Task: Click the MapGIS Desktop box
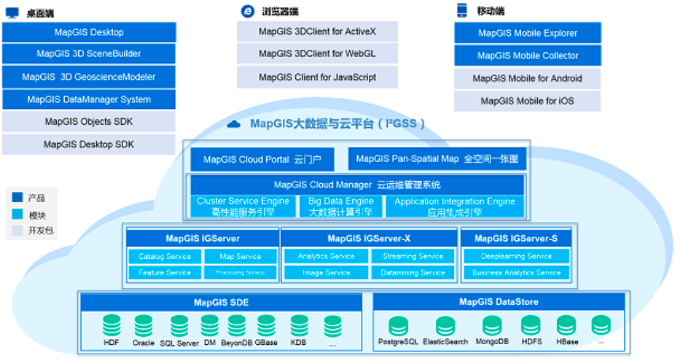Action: pyautogui.click(x=88, y=32)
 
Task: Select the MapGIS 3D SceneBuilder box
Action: pyautogui.click(x=88, y=54)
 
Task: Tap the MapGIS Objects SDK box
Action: pyautogui.click(x=88, y=122)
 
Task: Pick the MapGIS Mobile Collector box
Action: pyautogui.click(x=528, y=56)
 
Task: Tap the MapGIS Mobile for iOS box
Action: pyautogui.click(x=528, y=101)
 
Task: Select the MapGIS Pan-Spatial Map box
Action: pyautogui.click(x=438, y=159)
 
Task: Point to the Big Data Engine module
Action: pyautogui.click(x=341, y=207)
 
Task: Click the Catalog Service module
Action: pyautogui.click(x=165, y=257)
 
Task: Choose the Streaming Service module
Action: pyautogui.click(x=413, y=257)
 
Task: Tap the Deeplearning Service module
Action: pyautogui.click(x=517, y=257)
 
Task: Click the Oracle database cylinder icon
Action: pyautogui.click(x=143, y=326)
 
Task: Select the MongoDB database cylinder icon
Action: pyautogui.click(x=492, y=326)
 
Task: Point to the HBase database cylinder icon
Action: pyautogui.click(x=566, y=326)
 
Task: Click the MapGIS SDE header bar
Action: pyautogui.click(x=222, y=302)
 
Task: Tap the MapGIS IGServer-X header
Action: pyautogui.click(x=369, y=238)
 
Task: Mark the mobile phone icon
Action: pyautogui.click(x=462, y=10)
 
